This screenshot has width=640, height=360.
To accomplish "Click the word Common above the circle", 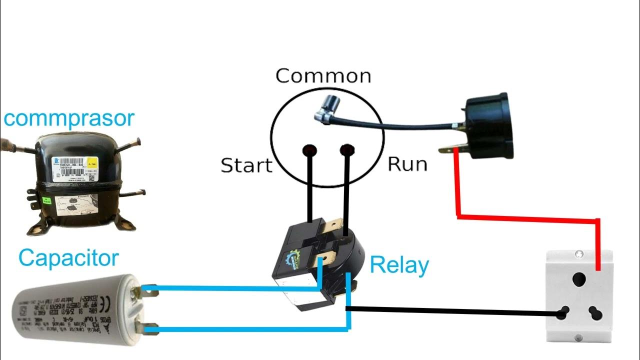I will point(323,76).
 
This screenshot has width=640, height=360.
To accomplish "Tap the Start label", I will point(246,165).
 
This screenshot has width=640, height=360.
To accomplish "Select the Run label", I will point(407,163).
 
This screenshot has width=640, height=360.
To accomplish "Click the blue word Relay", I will point(399,265).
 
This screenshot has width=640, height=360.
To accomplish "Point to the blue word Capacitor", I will point(69,258).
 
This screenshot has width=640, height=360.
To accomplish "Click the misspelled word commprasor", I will point(69,118).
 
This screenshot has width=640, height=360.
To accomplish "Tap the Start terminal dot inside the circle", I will point(310,150).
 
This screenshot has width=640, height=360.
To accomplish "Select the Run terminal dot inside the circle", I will point(346,150).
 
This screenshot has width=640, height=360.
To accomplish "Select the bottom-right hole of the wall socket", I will point(595,313).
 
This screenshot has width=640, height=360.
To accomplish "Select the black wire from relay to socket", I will point(450,311).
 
